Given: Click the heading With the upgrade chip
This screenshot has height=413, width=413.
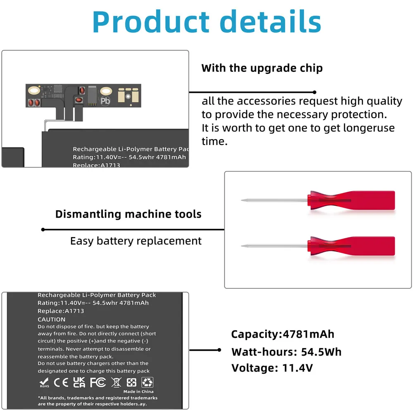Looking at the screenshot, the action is tap(262, 68).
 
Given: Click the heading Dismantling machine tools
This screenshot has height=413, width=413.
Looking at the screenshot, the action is tap(128, 214).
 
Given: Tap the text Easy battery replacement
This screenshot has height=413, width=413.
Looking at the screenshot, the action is tap(136, 241).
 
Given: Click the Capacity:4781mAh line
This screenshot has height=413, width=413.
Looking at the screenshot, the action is tap(282, 334).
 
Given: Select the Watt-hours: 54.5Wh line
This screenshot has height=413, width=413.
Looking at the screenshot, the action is tap(286, 352).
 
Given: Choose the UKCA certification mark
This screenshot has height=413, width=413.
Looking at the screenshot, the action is tap(79, 382).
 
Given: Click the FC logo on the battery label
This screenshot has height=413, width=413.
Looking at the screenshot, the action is tap(97, 382).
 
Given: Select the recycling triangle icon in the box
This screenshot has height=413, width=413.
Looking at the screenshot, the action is tap(147, 382).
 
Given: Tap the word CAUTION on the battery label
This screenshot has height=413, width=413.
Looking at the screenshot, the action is tap(52, 319).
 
